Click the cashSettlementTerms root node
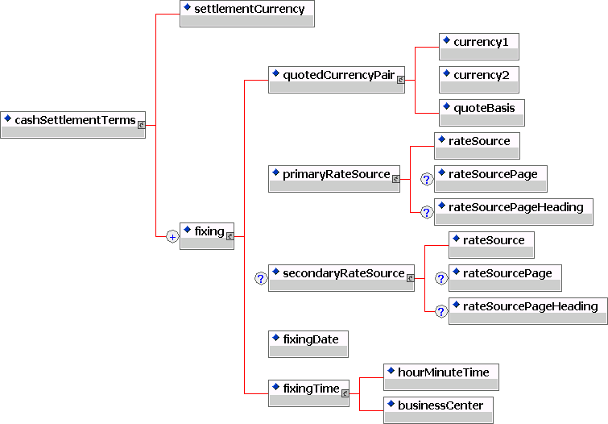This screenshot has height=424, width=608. click(x=72, y=121)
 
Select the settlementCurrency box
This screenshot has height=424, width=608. click(x=246, y=10)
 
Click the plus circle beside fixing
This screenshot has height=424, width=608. click(x=172, y=236)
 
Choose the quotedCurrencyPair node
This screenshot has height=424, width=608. click(x=336, y=75)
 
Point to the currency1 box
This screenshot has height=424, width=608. click(x=478, y=42)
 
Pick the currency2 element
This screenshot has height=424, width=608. click(x=478, y=75)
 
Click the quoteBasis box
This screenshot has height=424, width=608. click(x=482, y=108)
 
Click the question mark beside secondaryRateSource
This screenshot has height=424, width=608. click(x=260, y=278)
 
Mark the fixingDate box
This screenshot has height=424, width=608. click(x=308, y=339)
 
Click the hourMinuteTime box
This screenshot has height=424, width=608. click(x=440, y=372)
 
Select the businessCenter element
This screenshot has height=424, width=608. click(x=438, y=405)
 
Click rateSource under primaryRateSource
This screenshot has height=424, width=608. click(x=477, y=141)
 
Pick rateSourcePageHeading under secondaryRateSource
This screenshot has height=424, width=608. click(x=527, y=306)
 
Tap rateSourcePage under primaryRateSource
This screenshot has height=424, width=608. click(x=491, y=174)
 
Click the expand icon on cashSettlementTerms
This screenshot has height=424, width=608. click(x=142, y=125)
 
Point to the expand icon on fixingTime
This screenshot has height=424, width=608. click(x=345, y=393)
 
